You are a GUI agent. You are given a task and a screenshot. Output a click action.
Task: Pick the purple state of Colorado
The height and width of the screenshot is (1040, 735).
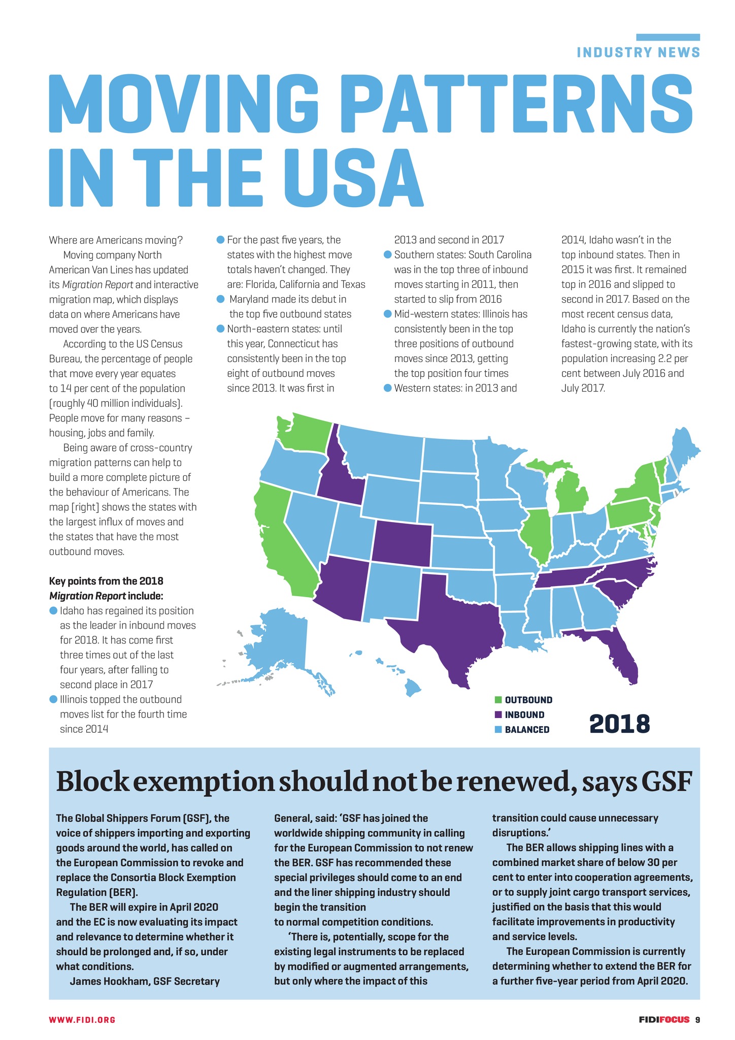point(402,543)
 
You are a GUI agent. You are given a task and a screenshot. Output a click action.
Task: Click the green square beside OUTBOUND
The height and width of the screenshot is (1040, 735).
point(498,700)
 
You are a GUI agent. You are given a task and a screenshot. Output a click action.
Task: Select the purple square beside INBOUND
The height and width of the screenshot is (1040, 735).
point(498,715)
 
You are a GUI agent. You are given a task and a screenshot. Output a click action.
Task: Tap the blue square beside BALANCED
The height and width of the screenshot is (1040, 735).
point(498,730)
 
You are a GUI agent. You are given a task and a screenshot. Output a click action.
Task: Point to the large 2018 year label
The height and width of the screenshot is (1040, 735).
point(619,724)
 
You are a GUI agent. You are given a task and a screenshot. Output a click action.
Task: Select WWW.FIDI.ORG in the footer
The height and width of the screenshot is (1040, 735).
point(82,1019)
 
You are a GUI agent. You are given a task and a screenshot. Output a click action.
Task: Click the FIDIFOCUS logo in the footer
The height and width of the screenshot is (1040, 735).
point(664,1019)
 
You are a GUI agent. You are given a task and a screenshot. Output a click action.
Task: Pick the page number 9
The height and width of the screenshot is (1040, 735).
point(697,1019)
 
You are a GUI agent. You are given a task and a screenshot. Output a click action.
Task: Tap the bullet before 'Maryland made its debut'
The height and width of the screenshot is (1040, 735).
point(220,299)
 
